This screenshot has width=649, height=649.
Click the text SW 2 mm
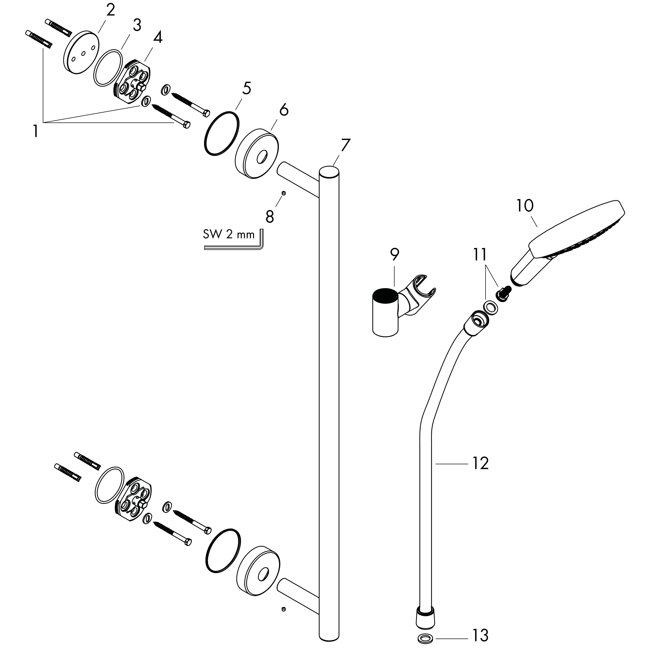pyautogui.click(x=228, y=234)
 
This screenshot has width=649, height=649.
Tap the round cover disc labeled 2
pyautogui.click(x=81, y=53)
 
